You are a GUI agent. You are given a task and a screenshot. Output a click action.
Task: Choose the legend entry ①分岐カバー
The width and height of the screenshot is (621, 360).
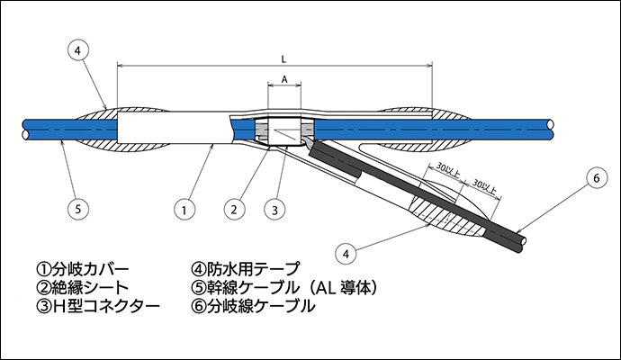(x=83, y=269)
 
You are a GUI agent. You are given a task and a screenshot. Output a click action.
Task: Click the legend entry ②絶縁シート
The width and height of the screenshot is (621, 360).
(x=83, y=288)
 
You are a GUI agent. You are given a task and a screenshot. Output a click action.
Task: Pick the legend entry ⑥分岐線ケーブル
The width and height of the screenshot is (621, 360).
(x=253, y=307)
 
